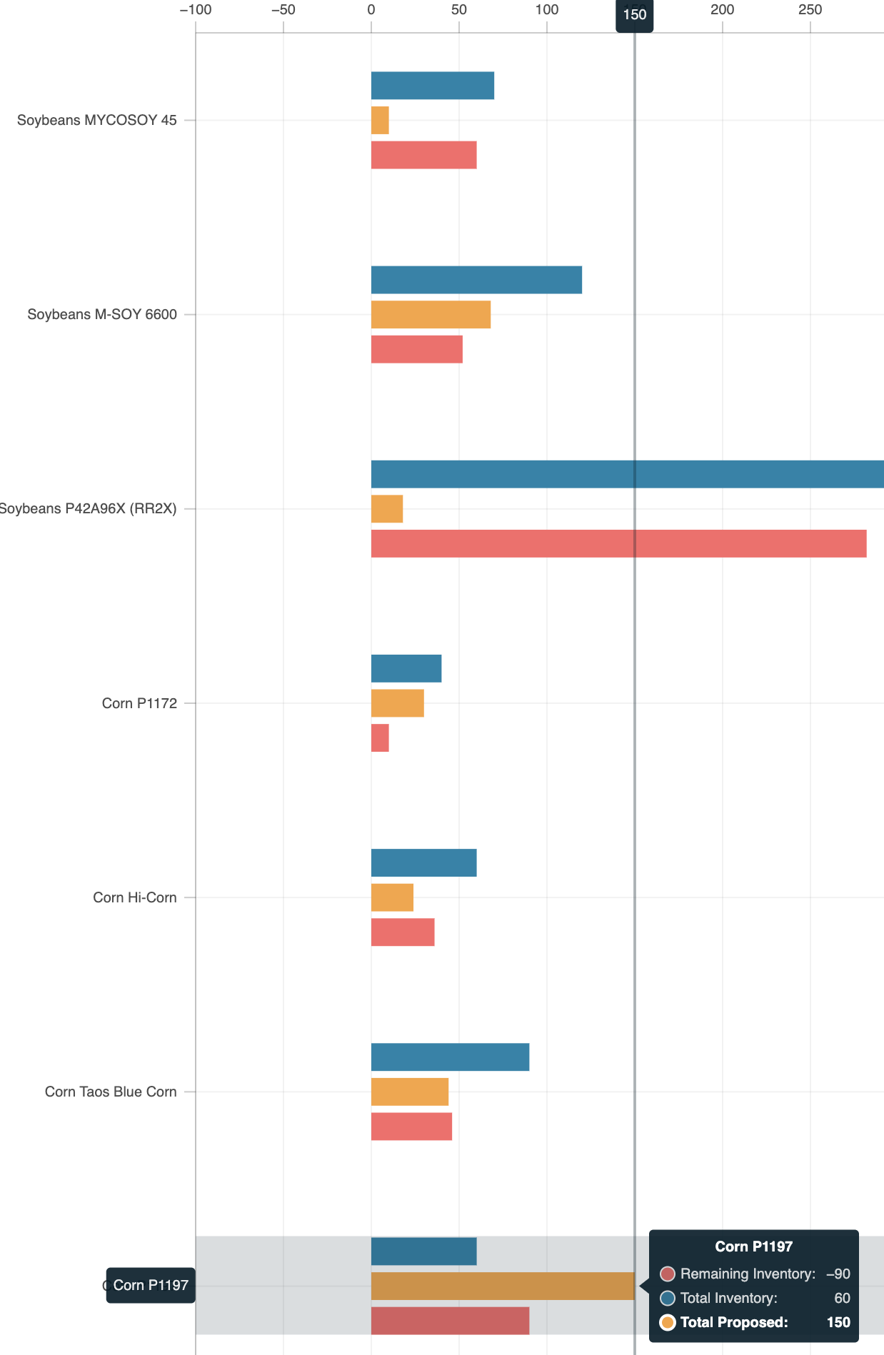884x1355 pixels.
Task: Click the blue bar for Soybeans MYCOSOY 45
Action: pos(432,86)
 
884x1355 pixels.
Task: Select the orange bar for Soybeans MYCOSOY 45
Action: pos(380,120)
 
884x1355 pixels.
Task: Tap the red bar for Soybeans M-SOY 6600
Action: pos(416,349)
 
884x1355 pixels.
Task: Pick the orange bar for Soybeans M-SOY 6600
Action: pos(431,315)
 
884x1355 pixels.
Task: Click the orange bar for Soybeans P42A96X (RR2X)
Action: pos(387,509)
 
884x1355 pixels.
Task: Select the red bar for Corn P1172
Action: pos(380,738)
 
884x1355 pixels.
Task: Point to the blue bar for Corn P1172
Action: pos(406,668)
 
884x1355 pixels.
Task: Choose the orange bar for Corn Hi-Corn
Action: pos(392,897)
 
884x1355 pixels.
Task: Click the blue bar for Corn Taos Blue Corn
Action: pos(450,1057)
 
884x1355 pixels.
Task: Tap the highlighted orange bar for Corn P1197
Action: pos(502,1286)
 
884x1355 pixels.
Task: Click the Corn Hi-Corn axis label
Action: pos(135,897)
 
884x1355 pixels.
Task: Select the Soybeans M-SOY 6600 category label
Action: pos(102,315)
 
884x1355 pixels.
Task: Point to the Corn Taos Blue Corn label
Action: pos(111,1092)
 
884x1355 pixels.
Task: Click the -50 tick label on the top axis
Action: pos(283,10)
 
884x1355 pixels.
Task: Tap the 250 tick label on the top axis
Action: pos(810,10)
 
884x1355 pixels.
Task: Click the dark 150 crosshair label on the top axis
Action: pos(634,14)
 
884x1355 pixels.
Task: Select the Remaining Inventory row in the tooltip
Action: pos(754,1274)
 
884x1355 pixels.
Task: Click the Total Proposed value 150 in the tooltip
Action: pos(838,1322)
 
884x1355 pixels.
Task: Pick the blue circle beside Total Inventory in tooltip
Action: pos(668,1298)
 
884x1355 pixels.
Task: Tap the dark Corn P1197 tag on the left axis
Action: pos(151,1285)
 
